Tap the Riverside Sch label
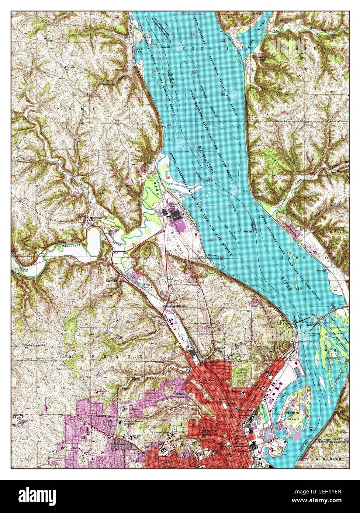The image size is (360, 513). (69, 68)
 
